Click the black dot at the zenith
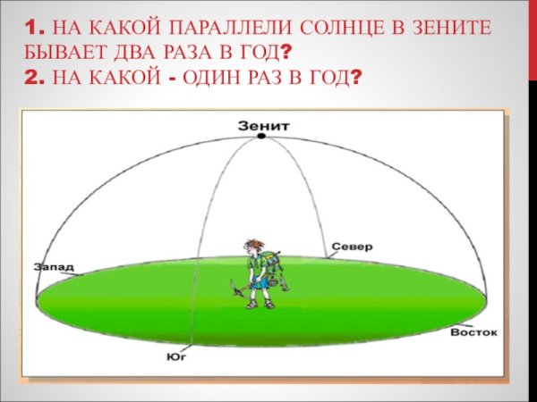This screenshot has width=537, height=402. click(261, 137)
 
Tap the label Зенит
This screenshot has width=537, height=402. click(262, 125)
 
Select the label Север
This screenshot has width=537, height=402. click(351, 246)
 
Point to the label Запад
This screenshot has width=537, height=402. click(55, 266)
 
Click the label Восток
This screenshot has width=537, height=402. click(473, 331)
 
